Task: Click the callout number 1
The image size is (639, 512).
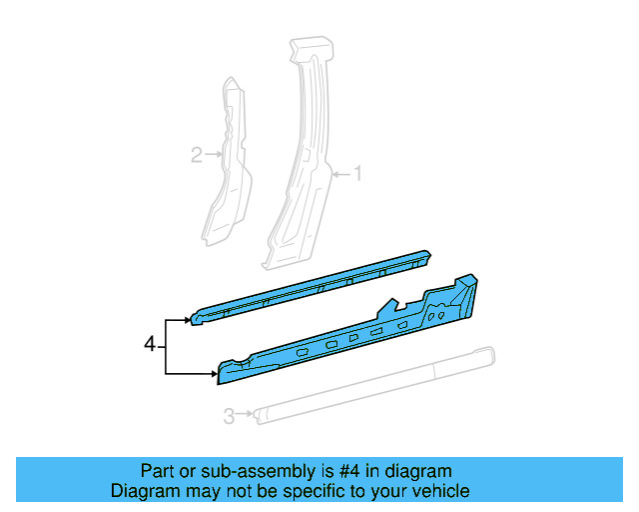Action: [356, 174]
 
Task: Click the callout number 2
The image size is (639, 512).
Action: [197, 154]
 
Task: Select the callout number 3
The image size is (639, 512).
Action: [229, 415]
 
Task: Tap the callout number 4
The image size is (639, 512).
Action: [150, 345]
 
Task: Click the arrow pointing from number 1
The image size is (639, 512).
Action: [339, 175]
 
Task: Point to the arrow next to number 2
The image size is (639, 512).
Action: [213, 154]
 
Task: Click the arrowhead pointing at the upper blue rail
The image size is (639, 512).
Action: [187, 320]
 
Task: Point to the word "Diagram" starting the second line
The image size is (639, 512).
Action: [142, 491]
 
